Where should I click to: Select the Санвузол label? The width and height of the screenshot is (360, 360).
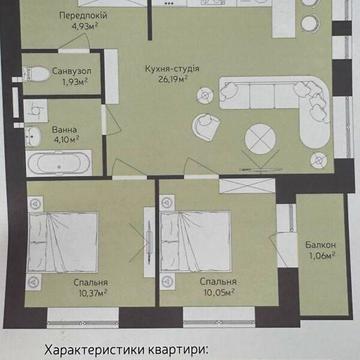coord(47,72)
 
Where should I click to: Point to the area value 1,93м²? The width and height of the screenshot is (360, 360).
coord(47,82)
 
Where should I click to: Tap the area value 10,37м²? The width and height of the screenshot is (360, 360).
coord(91,294)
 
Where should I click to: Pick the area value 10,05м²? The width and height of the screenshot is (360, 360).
coord(217,294)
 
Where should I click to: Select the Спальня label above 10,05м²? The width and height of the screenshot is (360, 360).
coord(217,283)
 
